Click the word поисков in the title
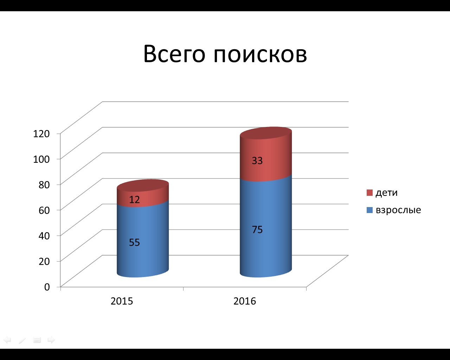tap(261, 55)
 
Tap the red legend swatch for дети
tap(369, 193)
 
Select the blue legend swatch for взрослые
tap(369, 210)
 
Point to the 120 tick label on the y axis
tap(41, 134)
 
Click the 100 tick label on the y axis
tap(41, 159)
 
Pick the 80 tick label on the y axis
tap(44, 185)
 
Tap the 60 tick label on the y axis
tap(44, 210)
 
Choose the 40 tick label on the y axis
tap(44, 236)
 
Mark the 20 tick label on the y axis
tap(44, 261)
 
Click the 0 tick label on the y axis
tap(47, 287)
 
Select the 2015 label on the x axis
tap(122, 301)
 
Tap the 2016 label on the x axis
tap(245, 301)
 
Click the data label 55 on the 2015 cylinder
tap(134, 243)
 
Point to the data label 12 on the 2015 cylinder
tap(134, 200)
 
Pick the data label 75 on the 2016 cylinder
tap(257, 230)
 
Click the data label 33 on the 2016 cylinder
tap(257, 161)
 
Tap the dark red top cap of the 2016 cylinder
tap(266, 133)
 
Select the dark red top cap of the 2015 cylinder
tap(143, 185)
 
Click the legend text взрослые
tap(398, 210)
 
